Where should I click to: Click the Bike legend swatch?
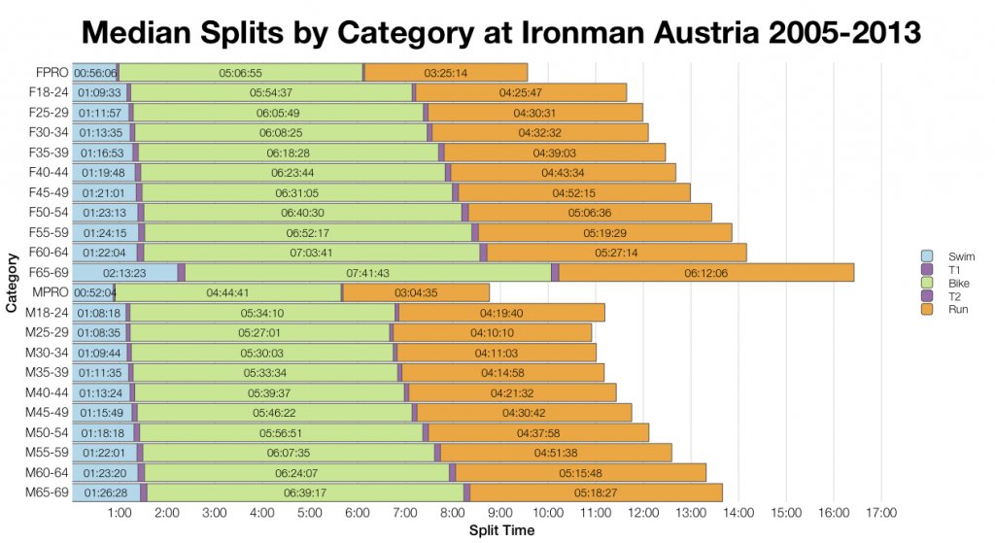[x=926, y=282]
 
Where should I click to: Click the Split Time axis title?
[x=501, y=531]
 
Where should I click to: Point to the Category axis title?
[x=12, y=282]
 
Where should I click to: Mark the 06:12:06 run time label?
[x=706, y=273]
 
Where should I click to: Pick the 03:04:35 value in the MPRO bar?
[x=417, y=292]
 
